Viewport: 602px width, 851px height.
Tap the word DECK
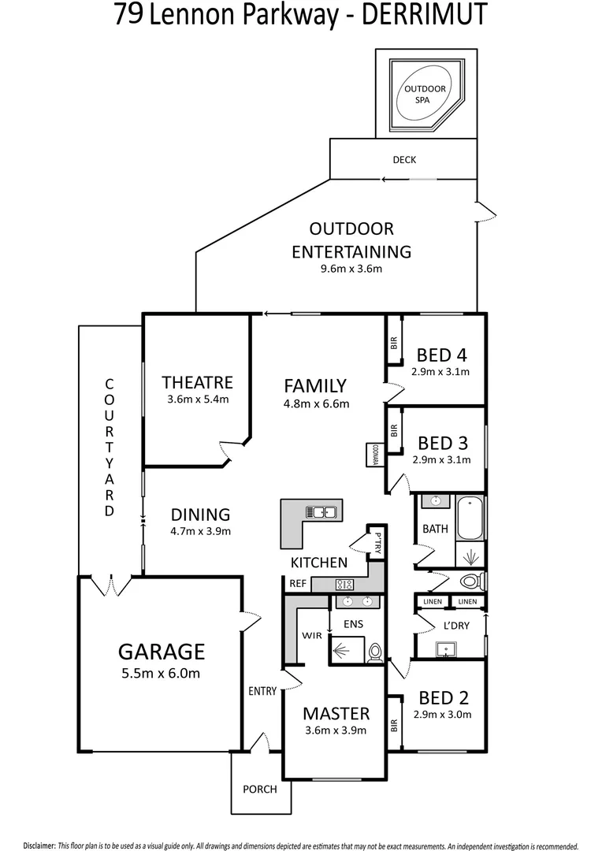[404, 160]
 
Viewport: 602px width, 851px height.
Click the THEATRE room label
[197, 382]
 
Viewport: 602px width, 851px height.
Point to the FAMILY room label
[315, 386]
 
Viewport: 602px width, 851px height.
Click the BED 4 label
[440, 354]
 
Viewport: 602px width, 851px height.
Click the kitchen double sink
[323, 513]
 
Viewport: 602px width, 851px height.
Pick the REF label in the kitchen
[297, 584]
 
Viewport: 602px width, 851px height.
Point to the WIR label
[312, 635]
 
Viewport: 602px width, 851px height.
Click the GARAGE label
[162, 652]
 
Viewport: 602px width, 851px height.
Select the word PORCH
[259, 789]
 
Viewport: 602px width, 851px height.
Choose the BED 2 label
[444, 697]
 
